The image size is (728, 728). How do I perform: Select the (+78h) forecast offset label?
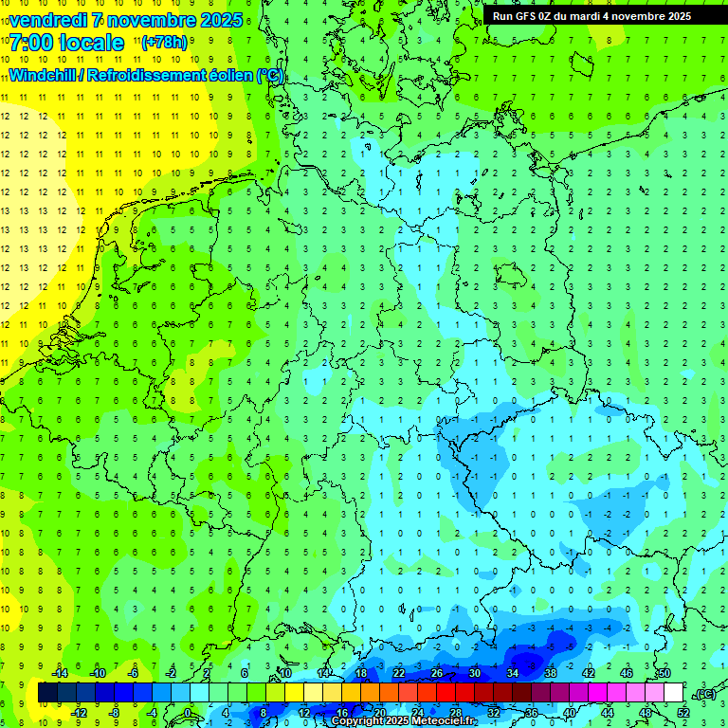click(164, 43)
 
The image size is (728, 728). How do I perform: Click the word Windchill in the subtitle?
click(44, 75)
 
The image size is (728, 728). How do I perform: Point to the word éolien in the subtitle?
click(227, 75)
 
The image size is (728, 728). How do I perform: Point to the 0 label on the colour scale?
click(189, 712)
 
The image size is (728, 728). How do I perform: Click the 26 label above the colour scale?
click(437, 673)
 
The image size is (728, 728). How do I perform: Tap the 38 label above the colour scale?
click(551, 673)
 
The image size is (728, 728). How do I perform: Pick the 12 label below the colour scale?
click(304, 712)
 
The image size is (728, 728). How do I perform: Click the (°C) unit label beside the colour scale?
click(704, 694)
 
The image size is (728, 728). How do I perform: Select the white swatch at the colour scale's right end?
click(673, 693)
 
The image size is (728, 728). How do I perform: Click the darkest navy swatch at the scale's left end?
click(47, 693)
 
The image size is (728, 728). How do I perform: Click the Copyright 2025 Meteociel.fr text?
click(402, 721)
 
